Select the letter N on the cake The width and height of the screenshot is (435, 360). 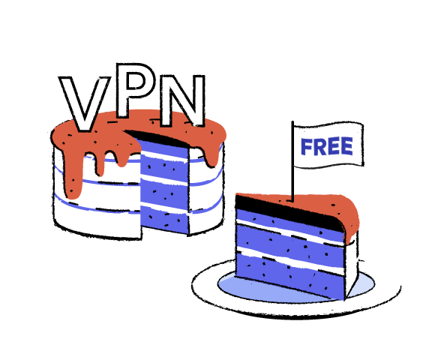click(183, 100)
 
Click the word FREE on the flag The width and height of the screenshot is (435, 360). click(327, 146)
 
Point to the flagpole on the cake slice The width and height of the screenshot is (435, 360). click(292, 161)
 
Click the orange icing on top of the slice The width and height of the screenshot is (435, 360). click(333, 205)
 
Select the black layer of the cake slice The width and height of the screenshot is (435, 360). click(289, 213)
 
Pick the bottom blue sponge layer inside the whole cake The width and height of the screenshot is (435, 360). click(164, 219)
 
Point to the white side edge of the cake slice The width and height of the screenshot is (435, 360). click(351, 266)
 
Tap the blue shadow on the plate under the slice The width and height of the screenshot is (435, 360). click(277, 289)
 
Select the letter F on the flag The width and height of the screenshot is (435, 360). click(307, 147)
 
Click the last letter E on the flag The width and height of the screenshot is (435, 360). click(347, 146)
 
